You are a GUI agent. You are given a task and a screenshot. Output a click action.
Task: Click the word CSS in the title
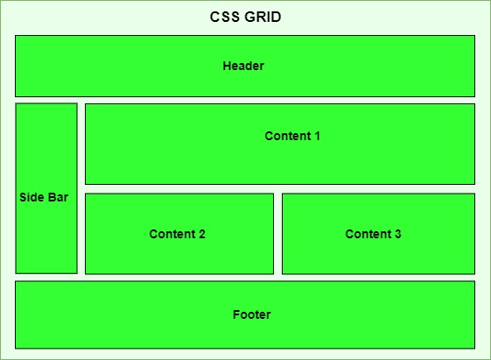[x=224, y=18]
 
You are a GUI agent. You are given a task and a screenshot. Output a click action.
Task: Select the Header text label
[x=243, y=66]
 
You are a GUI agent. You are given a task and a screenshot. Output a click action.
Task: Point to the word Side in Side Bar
[x=31, y=198]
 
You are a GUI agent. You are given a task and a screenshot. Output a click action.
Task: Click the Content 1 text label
[x=292, y=136]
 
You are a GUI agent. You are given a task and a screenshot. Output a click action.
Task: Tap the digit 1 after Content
[x=317, y=136]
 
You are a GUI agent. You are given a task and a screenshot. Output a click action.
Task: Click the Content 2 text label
[x=178, y=234]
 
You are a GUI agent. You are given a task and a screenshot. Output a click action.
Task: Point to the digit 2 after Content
[x=202, y=234]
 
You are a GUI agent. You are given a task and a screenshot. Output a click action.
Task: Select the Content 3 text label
[x=374, y=234]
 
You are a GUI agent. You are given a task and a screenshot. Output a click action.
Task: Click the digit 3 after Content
[x=398, y=234]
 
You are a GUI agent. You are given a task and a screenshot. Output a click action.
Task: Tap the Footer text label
[x=252, y=314]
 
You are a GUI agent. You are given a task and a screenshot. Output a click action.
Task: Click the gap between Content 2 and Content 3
[x=277, y=234]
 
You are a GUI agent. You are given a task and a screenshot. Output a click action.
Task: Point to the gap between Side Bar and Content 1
[x=81, y=144]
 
